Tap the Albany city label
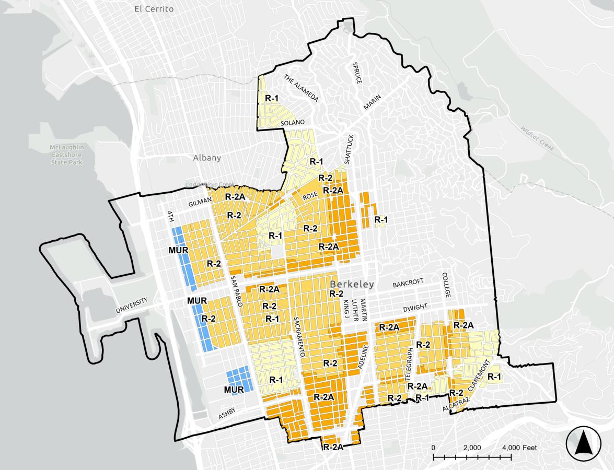(x=207, y=158)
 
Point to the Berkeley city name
(x=352, y=285)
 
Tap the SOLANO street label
(x=292, y=123)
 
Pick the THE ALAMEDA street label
(x=301, y=88)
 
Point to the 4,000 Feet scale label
(x=519, y=448)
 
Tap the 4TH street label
(x=170, y=217)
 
